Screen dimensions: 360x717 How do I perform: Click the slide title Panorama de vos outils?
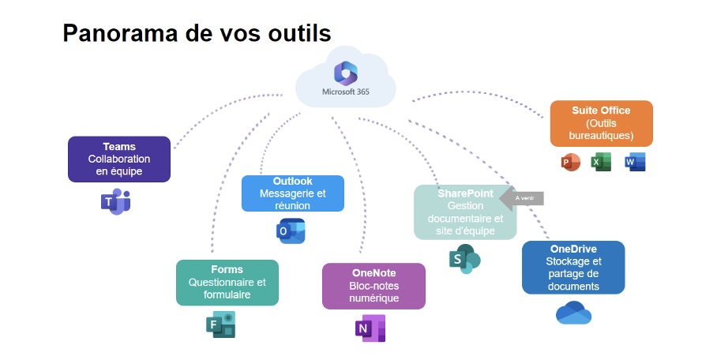(x=197, y=33)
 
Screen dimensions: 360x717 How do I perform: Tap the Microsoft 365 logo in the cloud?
(x=346, y=73)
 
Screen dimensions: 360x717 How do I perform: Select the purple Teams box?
(x=119, y=159)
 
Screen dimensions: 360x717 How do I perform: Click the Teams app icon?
(x=115, y=201)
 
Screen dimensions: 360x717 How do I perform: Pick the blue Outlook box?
(x=293, y=193)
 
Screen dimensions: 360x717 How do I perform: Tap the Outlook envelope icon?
(x=291, y=231)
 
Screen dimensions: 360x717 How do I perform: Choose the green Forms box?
(x=227, y=283)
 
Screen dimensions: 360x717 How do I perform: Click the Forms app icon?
(x=221, y=324)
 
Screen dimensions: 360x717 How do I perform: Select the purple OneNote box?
(x=374, y=286)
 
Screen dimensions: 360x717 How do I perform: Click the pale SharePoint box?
(x=465, y=212)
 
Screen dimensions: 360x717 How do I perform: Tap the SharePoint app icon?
(x=464, y=258)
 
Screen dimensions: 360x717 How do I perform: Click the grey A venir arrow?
(x=524, y=198)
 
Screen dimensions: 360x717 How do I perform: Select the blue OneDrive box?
(x=573, y=268)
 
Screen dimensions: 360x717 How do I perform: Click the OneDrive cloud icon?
(x=573, y=313)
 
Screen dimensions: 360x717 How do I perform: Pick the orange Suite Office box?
(x=602, y=123)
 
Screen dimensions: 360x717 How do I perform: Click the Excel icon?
(x=603, y=163)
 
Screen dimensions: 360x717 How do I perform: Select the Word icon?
(x=635, y=163)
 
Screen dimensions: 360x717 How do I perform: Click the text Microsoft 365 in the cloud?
(x=346, y=92)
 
